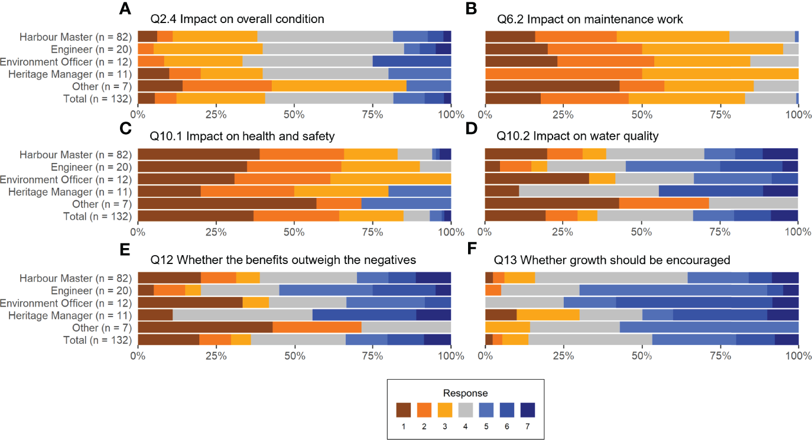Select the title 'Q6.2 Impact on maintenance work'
(588, 19)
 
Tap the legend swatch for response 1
(403, 409)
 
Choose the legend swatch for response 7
(528, 409)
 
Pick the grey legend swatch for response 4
(465, 409)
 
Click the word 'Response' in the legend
(465, 393)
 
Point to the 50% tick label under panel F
(642, 356)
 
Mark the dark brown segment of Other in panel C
(227, 204)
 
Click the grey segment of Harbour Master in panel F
(611, 278)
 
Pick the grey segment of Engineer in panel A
(333, 48)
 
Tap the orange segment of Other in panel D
(664, 204)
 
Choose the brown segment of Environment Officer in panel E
(190, 302)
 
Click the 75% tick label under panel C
(372, 233)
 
